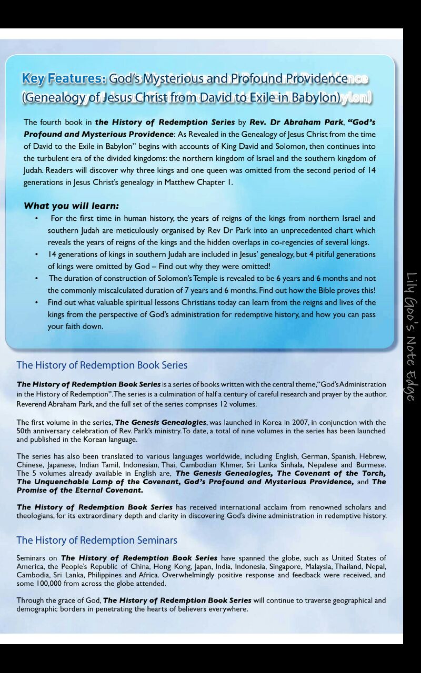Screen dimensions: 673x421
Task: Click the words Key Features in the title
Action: click(x=64, y=79)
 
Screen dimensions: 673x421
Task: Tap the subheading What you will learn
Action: click(x=71, y=206)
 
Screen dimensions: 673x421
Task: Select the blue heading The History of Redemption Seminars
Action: click(x=96, y=540)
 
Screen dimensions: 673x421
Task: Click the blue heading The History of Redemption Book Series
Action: click(x=102, y=365)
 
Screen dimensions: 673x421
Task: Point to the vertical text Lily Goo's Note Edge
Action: click(x=411, y=336)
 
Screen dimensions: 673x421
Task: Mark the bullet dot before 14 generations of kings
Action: click(x=36, y=254)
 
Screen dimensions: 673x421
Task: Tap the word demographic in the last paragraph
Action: click(x=38, y=609)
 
